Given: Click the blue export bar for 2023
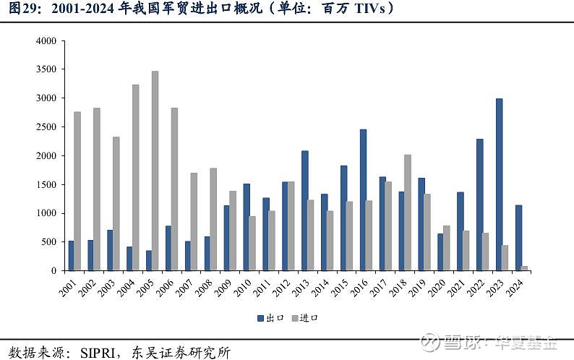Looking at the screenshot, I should click(x=499, y=184).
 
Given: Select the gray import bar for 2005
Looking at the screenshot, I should click(x=155, y=171).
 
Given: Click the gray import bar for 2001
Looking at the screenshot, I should click(x=77, y=191).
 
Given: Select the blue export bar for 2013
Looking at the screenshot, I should click(x=305, y=210).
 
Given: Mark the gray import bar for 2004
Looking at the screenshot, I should click(x=135, y=178).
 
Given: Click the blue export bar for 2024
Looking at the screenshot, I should click(x=518, y=238).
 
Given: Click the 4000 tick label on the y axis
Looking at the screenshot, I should click(x=46, y=41).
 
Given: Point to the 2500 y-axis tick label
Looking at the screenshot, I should click(x=46, y=127).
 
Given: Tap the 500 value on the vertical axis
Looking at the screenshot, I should click(x=49, y=242).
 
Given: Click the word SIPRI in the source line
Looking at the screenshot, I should click(x=101, y=352).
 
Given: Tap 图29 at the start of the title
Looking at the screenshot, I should click(x=18, y=9).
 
